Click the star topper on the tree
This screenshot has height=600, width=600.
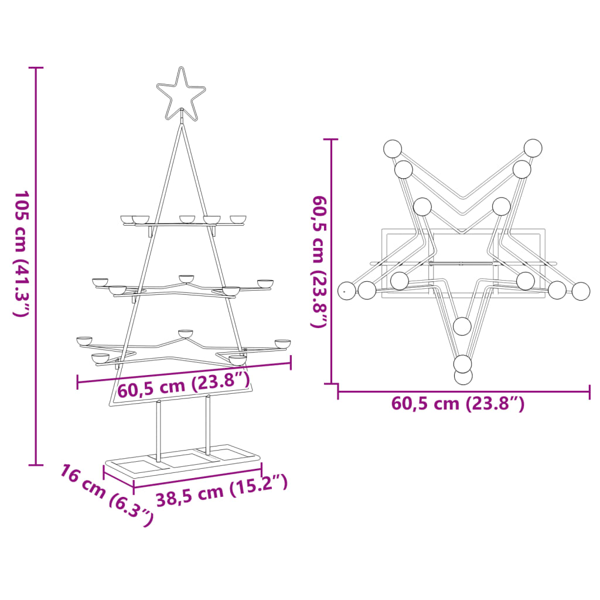[181, 93]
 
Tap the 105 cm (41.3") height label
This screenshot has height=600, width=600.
[22, 253]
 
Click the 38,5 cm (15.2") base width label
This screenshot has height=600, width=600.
[221, 490]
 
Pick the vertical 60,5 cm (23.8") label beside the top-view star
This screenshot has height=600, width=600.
[319, 261]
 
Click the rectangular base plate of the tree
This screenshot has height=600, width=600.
[182, 463]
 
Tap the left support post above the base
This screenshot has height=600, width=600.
[158, 431]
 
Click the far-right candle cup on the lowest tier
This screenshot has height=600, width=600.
[283, 343]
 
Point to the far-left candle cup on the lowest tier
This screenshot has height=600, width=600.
[84, 340]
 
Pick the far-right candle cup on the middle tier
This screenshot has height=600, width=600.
[265, 284]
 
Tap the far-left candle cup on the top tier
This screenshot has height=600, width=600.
[127, 219]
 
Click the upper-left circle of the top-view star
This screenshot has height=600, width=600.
[393, 148]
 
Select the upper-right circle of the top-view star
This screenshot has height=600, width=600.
[533, 148]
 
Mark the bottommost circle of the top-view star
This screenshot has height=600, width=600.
[463, 376]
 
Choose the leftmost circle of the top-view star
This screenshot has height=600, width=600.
[347, 290]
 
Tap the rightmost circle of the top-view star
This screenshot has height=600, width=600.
[581, 291]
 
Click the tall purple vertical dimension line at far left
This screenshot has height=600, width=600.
[36, 267]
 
